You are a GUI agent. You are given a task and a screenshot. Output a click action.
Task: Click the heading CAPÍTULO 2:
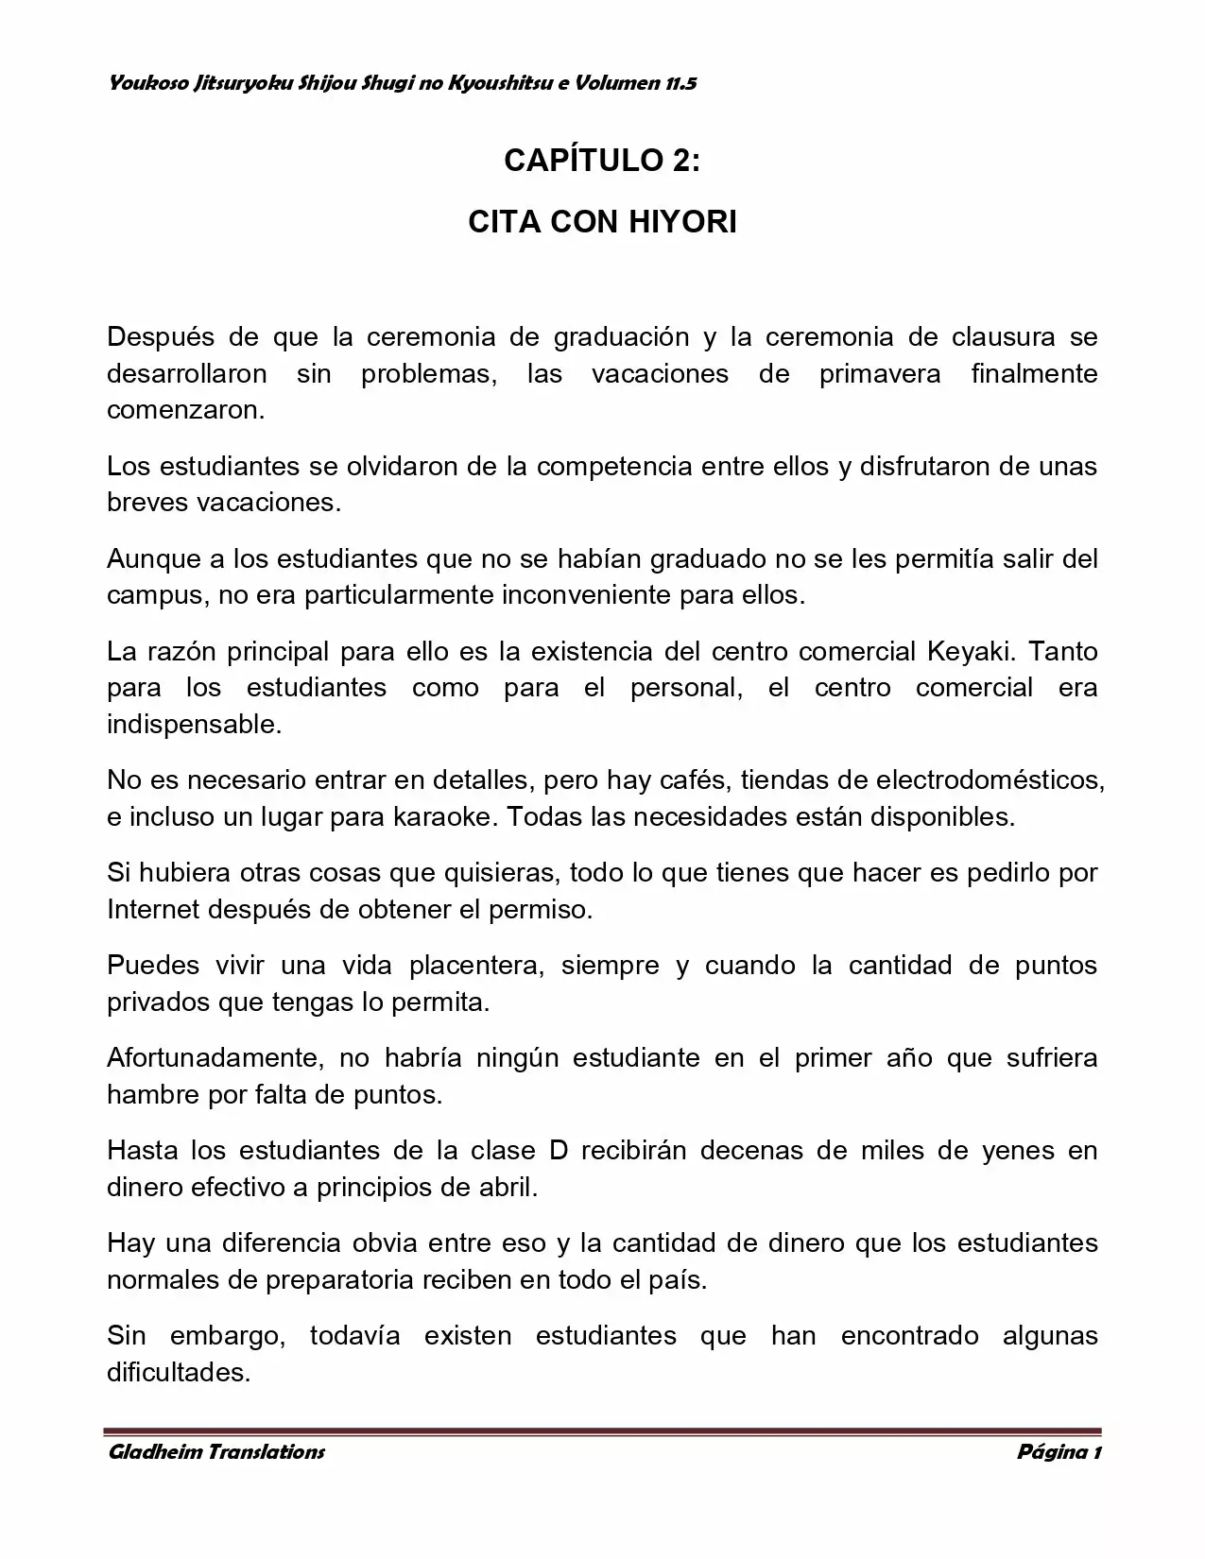tap(602, 161)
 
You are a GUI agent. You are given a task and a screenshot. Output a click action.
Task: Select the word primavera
tap(879, 374)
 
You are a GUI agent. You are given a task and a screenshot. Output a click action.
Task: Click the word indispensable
tap(194, 726)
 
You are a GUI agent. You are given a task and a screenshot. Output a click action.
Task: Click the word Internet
tap(153, 910)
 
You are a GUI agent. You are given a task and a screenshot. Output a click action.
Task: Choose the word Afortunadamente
tap(209, 1058)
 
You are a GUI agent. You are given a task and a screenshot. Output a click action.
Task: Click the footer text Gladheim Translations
tap(216, 1452)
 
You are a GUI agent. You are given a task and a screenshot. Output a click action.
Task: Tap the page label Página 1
tap(1058, 1452)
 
